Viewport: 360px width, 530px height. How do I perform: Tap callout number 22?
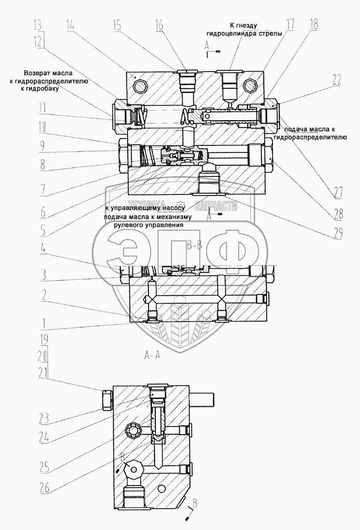click(336, 80)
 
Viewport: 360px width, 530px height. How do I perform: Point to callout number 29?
click(337, 232)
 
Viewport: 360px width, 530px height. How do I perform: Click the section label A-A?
click(152, 354)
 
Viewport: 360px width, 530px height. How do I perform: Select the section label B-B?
click(194, 245)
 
